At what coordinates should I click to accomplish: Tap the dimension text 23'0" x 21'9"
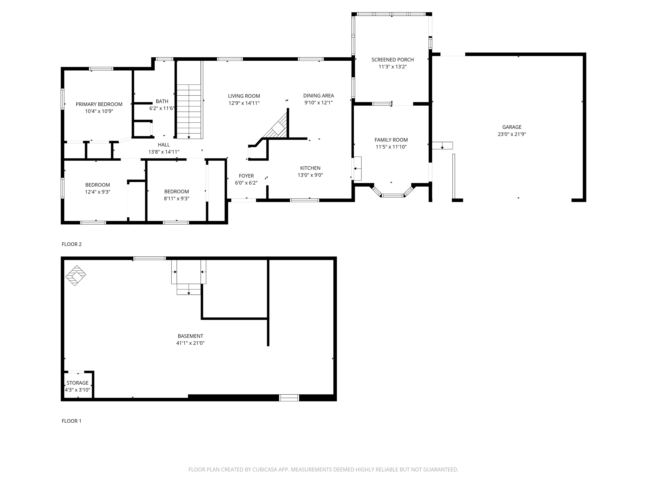pos(512,134)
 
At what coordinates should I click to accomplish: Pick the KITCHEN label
pos(310,168)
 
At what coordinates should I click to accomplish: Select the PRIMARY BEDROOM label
pos(99,104)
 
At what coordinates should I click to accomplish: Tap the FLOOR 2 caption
pos(72,244)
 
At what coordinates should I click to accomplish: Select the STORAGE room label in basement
pos(77,383)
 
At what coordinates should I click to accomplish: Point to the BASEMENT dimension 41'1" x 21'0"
pos(190,343)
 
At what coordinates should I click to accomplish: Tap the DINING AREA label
pos(318,96)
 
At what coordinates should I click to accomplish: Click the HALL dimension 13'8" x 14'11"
pos(163,152)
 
